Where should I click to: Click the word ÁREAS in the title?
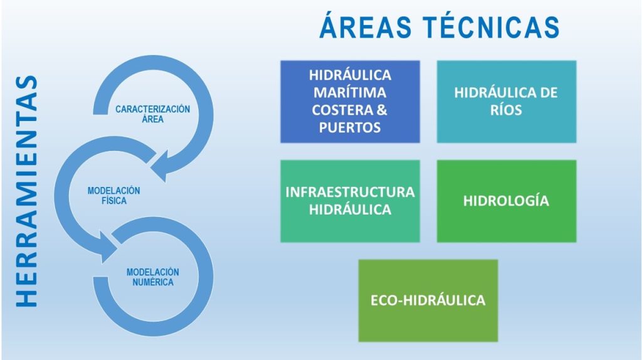tap(366, 26)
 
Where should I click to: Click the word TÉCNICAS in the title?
tap(491, 26)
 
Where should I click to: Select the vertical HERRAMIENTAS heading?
tap(27, 191)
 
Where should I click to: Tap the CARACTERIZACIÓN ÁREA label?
tap(153, 114)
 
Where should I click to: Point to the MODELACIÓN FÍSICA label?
tap(114, 195)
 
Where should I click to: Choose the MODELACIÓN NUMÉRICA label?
tap(153, 277)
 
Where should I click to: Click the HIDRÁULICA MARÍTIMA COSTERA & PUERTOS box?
tap(350, 102)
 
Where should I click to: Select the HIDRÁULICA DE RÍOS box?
tap(507, 102)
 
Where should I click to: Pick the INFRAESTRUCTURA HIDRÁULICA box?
tap(350, 201)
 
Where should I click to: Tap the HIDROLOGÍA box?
tap(507, 201)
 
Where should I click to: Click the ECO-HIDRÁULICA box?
tap(428, 300)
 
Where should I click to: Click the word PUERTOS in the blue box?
tap(350, 128)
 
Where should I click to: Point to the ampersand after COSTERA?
tap(382, 110)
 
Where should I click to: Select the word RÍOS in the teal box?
tap(507, 110)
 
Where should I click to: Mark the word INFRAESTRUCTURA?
tap(350, 192)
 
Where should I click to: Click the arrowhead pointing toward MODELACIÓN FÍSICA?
tap(160, 166)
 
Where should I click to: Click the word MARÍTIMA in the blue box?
tap(350, 93)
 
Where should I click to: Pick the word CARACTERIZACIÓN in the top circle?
tap(153, 109)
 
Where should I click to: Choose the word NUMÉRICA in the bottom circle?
tap(153, 282)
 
